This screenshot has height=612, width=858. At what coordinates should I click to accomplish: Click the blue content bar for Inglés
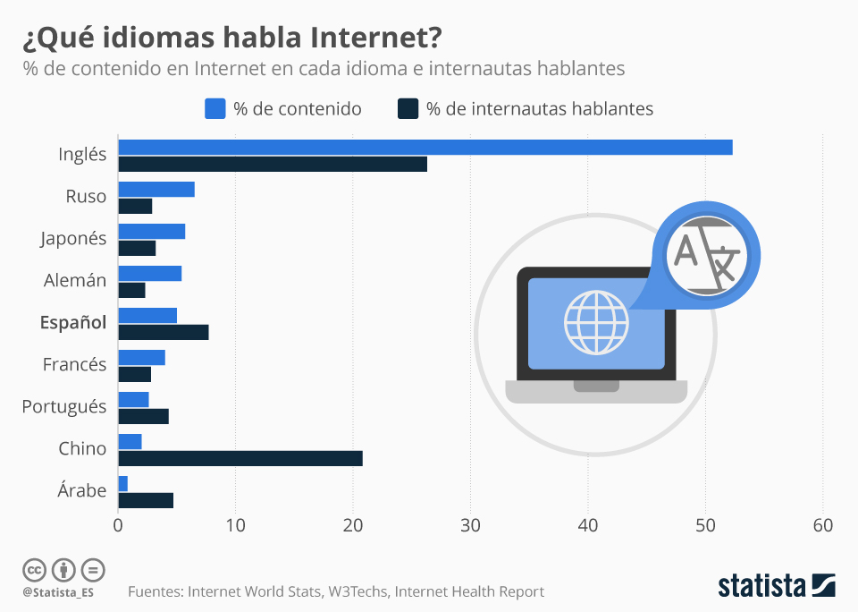[x=425, y=148]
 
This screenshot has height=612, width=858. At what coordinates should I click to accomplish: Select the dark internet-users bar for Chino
[x=240, y=458]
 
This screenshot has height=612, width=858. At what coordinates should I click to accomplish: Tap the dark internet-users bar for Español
[x=163, y=332]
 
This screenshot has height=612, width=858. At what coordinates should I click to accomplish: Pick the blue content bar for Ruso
[x=156, y=189]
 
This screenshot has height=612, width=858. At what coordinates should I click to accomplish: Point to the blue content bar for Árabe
[x=122, y=483]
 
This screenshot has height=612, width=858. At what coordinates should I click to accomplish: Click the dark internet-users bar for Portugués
[x=143, y=416]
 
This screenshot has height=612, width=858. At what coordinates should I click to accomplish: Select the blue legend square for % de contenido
[x=214, y=108]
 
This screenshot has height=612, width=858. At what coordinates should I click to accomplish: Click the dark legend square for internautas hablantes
[x=408, y=108]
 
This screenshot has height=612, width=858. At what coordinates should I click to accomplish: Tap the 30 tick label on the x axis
[x=470, y=526]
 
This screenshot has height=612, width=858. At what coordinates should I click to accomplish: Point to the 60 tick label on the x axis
[x=823, y=526]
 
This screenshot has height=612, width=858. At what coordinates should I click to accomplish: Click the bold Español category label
[x=73, y=322]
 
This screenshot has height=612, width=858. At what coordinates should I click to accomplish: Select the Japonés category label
[x=73, y=238]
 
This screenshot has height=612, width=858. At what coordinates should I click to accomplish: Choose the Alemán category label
[x=75, y=280]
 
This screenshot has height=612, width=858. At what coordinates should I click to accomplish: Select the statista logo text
[x=761, y=586]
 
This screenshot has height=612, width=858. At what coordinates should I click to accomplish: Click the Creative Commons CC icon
[x=34, y=570]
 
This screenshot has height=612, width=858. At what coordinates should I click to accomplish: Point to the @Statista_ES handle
[x=58, y=592]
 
